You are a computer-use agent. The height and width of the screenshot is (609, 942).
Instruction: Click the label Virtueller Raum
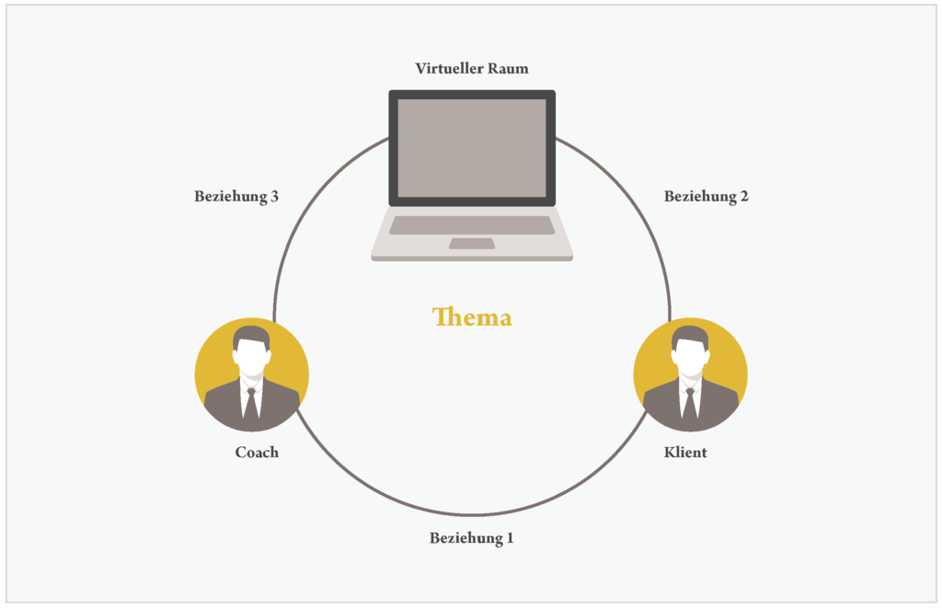(472, 68)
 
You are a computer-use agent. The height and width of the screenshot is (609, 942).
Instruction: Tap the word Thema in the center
(472, 317)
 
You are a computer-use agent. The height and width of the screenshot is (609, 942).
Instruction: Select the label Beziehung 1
(472, 538)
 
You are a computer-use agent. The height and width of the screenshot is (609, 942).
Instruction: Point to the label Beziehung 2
(706, 196)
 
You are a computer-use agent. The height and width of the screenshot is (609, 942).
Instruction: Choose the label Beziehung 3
(236, 196)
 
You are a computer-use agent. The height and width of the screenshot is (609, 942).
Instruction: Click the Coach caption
(257, 453)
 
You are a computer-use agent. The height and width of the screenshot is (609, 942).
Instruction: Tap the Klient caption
(684, 453)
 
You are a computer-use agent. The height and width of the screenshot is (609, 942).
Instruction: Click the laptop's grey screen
(472, 148)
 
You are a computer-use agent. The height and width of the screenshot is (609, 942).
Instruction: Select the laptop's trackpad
(472, 243)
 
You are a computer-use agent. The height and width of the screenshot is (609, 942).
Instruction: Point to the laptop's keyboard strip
(472, 225)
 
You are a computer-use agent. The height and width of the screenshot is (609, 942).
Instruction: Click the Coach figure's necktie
(251, 402)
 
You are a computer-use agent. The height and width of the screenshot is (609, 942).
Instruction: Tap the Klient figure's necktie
(690, 402)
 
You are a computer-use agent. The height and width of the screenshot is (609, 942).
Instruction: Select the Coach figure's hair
(251, 335)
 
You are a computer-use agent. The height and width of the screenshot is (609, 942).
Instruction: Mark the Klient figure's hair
(690, 335)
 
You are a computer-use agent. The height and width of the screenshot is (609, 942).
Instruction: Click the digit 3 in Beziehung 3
(274, 196)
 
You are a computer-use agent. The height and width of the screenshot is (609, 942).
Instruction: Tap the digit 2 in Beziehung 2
(744, 196)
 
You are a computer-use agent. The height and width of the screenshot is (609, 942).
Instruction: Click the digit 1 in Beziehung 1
(510, 537)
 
